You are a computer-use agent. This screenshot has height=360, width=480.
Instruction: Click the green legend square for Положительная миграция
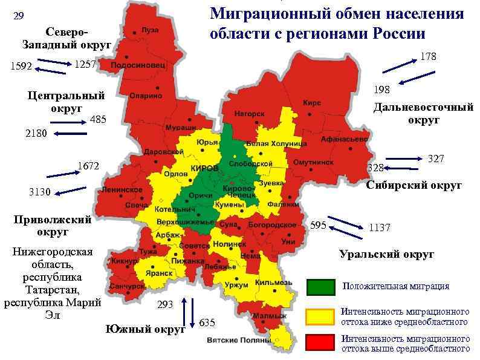[320, 287]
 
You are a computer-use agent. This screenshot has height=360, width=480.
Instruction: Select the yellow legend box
[320, 316]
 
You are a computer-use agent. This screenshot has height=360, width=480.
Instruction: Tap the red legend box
[320, 342]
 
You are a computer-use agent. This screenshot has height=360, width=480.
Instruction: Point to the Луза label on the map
[150, 30]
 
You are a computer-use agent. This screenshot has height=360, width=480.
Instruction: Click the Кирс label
[312, 103]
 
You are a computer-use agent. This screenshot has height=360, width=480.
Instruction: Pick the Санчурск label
[127, 286]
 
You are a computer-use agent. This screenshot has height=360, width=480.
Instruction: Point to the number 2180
[36, 134]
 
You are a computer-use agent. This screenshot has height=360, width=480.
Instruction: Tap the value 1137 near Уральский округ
[380, 228]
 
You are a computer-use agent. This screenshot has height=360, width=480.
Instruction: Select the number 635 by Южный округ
[207, 322]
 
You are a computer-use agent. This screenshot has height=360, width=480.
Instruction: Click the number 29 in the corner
[19, 16]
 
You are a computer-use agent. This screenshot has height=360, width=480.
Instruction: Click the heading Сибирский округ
[414, 185]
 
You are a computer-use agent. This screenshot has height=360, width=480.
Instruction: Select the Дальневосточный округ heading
[423, 114]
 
